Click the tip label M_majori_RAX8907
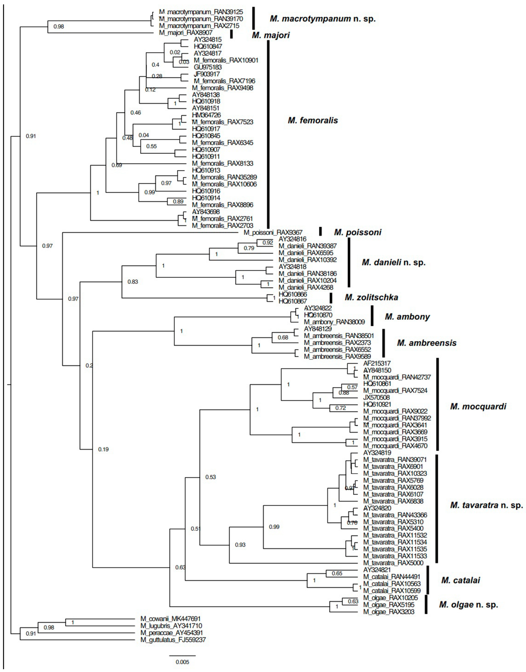pyautogui.click(x=186, y=33)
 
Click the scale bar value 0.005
pyautogui.click(x=182, y=662)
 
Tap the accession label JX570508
pyautogui.click(x=376, y=397)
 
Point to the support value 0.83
pyautogui.click(x=133, y=282)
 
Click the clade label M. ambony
pyautogui.click(x=407, y=317)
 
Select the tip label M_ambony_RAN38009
pyautogui.click(x=334, y=322)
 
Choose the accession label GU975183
pyautogui.click(x=208, y=67)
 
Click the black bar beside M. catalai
pyautogui.click(x=427, y=580)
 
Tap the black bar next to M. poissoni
pyautogui.click(x=321, y=232)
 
